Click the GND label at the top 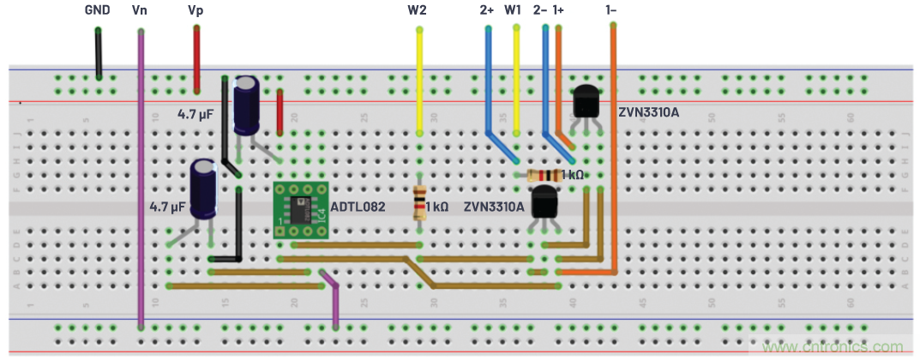click(96, 11)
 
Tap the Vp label click(195, 11)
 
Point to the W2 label click(417, 11)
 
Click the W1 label click(513, 11)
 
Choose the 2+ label click(487, 11)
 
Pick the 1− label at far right click(611, 11)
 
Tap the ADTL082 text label click(358, 207)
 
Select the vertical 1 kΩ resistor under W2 click(419, 203)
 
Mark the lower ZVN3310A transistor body click(545, 204)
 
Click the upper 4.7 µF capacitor click(248, 105)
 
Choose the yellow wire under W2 click(419, 81)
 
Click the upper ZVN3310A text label click(648, 111)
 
